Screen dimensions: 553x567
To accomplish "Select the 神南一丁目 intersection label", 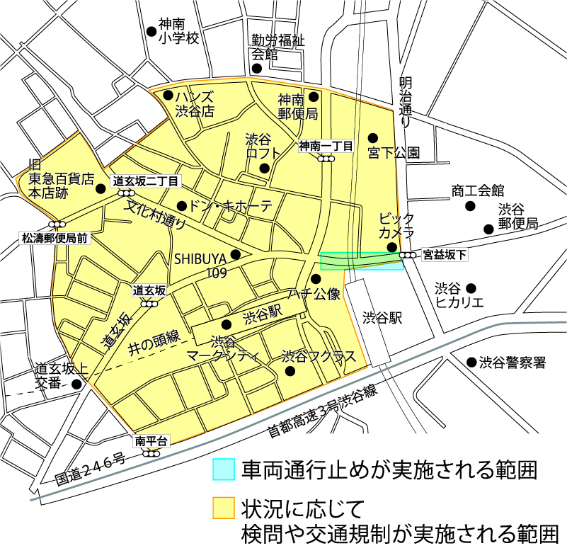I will (326, 147).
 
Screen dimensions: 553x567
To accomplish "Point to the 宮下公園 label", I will (394, 152).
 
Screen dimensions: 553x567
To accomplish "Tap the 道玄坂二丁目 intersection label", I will (144, 181).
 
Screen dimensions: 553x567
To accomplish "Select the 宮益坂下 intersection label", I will (445, 254).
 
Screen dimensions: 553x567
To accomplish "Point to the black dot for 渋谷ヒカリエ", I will (471, 288).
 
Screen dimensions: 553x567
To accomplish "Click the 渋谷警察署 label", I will (512, 363).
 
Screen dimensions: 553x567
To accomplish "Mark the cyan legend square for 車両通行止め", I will (224, 469).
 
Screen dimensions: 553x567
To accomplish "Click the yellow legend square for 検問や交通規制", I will (224, 508).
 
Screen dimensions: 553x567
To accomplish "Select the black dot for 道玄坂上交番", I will (76, 384).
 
